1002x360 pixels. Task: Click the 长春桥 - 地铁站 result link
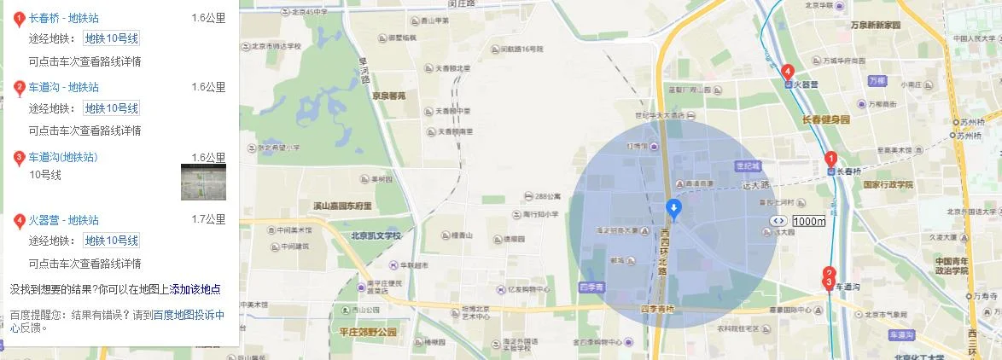(x=63, y=17)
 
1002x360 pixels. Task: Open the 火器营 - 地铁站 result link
(x=63, y=220)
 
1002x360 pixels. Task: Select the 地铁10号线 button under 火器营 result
(x=111, y=241)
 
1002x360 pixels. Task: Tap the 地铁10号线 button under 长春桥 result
(x=111, y=38)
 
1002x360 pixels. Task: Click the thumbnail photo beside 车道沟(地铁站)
(x=203, y=182)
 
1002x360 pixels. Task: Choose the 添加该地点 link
(x=195, y=289)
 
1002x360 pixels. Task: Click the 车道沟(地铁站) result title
(x=63, y=157)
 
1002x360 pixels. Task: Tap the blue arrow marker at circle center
(x=673, y=208)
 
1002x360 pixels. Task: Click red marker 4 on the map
(x=788, y=73)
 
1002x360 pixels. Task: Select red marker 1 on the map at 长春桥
(x=830, y=159)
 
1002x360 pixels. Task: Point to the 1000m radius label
(x=809, y=221)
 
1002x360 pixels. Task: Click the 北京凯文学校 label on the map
(x=376, y=235)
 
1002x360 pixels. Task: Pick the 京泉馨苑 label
(x=388, y=96)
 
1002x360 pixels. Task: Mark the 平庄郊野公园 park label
(x=368, y=332)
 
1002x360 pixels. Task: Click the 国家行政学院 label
(x=888, y=184)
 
